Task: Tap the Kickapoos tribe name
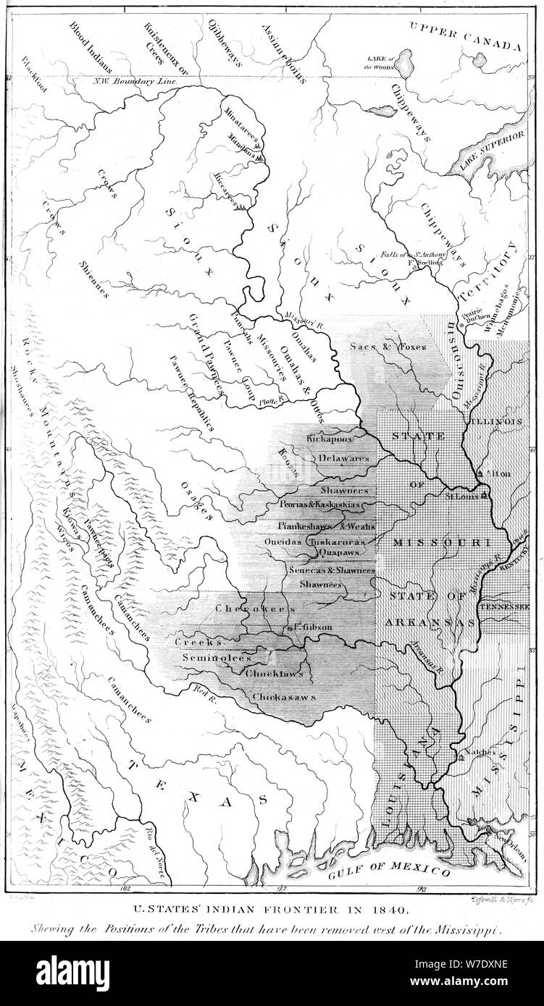[328, 439]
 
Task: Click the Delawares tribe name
[343, 458]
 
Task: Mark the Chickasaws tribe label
[285, 696]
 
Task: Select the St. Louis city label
[460, 497]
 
